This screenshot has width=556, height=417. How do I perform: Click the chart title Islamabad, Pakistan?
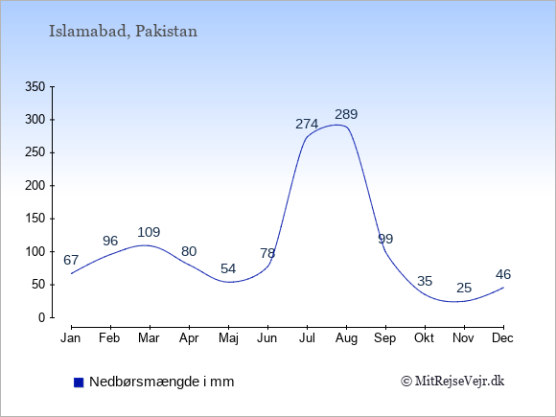[123, 32]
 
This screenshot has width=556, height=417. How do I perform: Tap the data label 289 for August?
[346, 114]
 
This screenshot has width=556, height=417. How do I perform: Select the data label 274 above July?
[307, 124]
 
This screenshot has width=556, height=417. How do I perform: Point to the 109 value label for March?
[149, 232]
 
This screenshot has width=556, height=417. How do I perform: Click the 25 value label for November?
[464, 288]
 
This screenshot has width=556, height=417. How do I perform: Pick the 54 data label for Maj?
[228, 268]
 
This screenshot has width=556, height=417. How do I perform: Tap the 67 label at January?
[71, 260]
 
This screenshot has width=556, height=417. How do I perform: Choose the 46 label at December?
[503, 274]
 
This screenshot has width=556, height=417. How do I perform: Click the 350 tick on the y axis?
[35, 86]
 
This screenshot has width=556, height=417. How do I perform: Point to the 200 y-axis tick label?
[35, 185]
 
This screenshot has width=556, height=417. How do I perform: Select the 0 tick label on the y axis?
[42, 317]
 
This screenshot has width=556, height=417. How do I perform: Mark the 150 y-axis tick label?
[35, 219]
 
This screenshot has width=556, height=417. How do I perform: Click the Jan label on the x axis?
[71, 338]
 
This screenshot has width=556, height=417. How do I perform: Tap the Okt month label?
[424, 338]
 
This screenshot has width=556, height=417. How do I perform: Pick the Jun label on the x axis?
[267, 338]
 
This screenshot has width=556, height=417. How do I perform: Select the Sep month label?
[385, 338]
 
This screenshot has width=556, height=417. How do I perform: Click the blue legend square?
[79, 382]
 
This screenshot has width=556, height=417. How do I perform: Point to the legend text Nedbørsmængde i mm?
[162, 382]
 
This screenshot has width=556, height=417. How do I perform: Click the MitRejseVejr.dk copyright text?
[452, 382]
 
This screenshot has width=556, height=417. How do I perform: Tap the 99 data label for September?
[385, 239]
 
